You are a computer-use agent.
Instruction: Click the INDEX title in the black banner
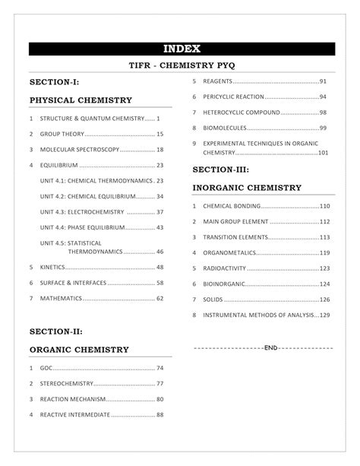[179, 49]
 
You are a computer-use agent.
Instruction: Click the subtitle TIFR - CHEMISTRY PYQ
[179, 66]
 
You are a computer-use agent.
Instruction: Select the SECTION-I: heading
[54, 82]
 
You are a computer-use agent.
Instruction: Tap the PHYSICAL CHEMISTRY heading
[81, 100]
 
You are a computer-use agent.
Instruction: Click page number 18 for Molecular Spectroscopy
[159, 149]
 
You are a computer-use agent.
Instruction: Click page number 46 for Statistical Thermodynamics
[159, 251]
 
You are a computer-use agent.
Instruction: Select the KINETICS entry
[53, 267]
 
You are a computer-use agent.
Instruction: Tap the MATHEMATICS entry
[62, 298]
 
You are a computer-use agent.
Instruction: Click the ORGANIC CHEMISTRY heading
[79, 350]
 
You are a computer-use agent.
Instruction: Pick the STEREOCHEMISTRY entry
[67, 384]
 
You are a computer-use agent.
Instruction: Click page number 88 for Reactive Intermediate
[159, 415]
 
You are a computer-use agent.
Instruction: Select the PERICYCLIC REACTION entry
[234, 97]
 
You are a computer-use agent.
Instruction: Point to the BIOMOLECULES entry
[226, 128]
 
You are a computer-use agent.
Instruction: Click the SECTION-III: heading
[221, 170]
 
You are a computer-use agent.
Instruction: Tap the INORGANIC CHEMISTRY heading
[247, 187]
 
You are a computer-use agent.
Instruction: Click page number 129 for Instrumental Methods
[324, 315]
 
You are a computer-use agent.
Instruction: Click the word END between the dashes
[270, 347]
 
